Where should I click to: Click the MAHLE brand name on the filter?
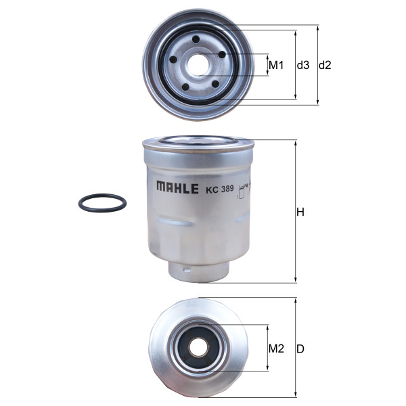point(177,187)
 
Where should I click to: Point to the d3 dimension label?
point(303,65)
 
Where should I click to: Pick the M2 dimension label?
point(276,349)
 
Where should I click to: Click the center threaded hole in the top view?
point(198,65)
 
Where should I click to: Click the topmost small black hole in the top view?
point(196,40)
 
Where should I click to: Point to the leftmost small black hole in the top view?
point(173,60)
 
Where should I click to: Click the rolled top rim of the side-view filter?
point(198,143)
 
